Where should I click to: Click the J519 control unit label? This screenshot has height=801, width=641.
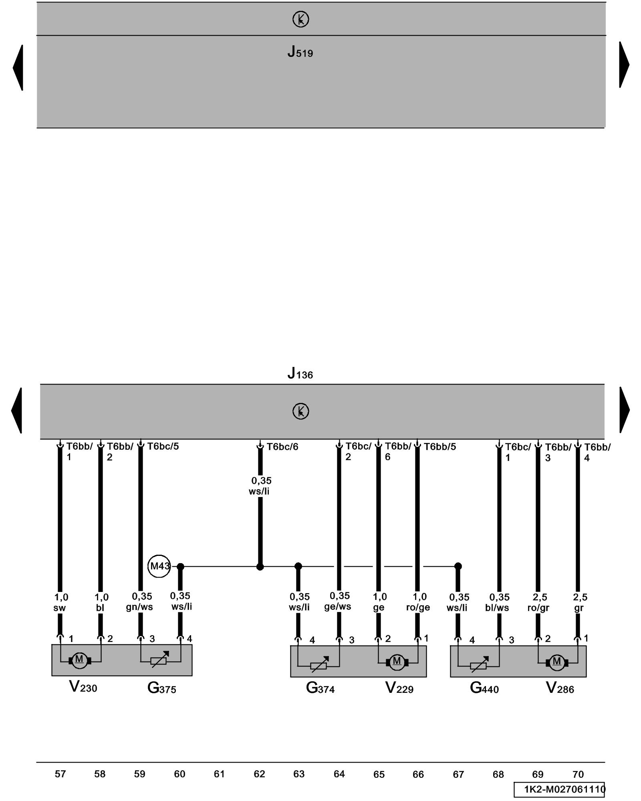point(300,52)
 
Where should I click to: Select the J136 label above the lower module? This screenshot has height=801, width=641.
point(300,374)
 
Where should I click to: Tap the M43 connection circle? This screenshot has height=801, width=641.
point(159,566)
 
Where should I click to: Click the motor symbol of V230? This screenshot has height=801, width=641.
point(79,660)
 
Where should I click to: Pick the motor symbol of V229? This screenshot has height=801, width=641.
point(397,662)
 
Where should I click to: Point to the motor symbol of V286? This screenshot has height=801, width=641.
point(556,662)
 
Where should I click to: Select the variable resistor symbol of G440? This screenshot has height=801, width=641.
point(479,664)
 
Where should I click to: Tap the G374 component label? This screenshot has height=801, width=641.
point(320,688)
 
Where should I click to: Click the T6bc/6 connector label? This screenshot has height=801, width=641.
point(282,447)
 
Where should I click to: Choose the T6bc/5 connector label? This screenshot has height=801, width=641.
point(163,446)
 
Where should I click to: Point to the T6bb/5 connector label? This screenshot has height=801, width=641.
point(440,447)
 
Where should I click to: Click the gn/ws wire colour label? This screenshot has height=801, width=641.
point(139,607)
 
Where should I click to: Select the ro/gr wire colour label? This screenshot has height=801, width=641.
point(538,608)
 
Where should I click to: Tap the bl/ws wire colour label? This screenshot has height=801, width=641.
point(497,608)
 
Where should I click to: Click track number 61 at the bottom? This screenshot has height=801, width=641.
point(219,774)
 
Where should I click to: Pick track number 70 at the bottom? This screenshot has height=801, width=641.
point(578,775)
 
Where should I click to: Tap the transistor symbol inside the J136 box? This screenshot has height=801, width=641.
point(300,411)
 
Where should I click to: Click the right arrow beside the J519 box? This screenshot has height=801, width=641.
point(624,65)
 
